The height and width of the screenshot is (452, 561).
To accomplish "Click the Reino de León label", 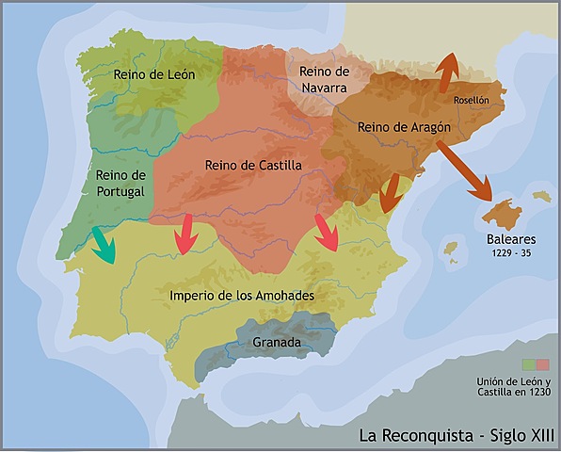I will pos(152,73).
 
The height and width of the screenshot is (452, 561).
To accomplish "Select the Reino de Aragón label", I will pos(405,126).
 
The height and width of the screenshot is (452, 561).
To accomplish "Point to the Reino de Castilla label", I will pos(253,165).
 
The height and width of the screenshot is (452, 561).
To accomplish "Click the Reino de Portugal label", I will pos(120,183).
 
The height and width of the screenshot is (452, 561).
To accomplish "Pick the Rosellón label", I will pos(471,99).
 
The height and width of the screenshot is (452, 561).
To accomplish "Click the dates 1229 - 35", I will pos(511,253).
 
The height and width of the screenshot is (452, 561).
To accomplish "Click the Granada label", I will pos(277,343).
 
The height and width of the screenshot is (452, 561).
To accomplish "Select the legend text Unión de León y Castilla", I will pos(513,387).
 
